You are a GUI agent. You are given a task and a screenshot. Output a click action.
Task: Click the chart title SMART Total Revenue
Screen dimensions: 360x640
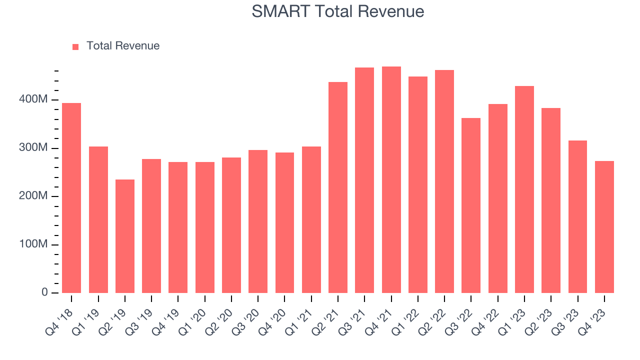[338, 11]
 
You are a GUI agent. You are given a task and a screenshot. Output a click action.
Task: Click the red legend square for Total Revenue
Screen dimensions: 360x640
[75, 46]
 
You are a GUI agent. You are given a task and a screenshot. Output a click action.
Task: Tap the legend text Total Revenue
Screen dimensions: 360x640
[123, 46]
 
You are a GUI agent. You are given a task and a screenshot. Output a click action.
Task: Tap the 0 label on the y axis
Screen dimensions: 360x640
[45, 292]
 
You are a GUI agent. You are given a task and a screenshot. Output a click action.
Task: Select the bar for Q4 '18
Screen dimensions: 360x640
[71, 198]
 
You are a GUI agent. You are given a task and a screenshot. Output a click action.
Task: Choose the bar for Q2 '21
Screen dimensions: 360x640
[338, 187]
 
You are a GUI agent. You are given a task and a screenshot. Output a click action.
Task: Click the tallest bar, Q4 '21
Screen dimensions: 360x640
[391, 180]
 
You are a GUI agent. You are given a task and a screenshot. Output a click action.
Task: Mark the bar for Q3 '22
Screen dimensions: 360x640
[471, 205]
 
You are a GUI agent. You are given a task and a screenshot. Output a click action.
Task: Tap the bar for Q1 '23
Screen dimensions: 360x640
[524, 189]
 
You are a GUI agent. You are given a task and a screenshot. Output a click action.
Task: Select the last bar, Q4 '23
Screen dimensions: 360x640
[604, 227]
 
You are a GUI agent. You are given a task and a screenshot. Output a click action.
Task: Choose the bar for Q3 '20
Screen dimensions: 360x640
[258, 221]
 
